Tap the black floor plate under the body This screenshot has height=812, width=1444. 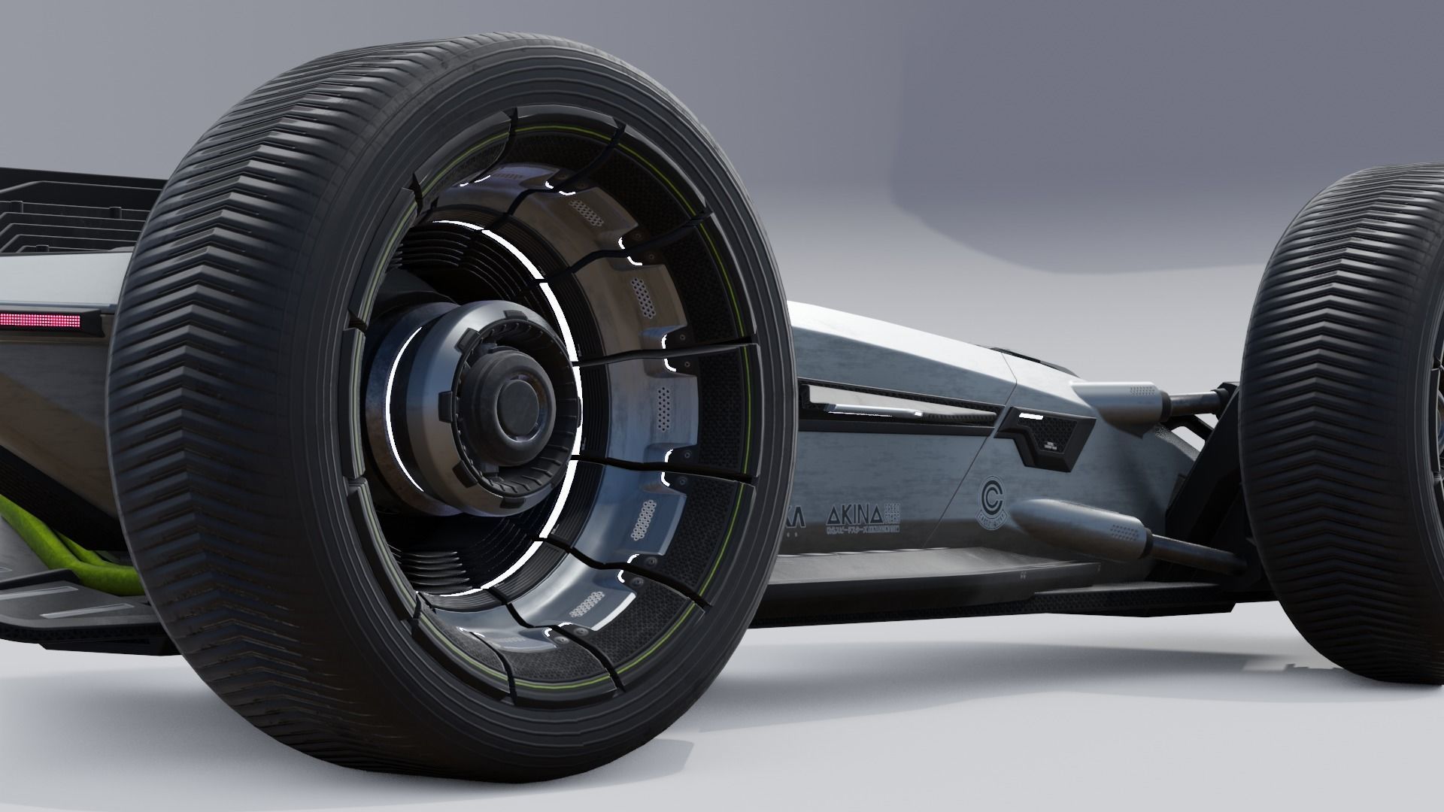(978, 579)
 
